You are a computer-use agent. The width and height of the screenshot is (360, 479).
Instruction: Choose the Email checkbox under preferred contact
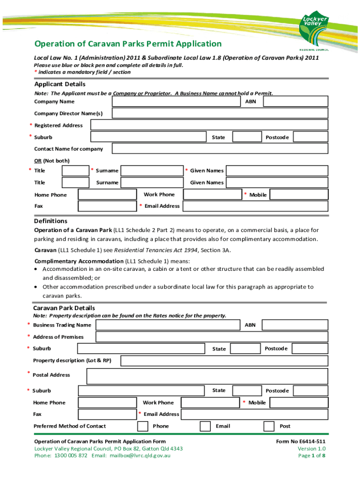pyautogui.click(x=205, y=426)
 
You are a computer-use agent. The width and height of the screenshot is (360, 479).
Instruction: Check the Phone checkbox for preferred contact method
pyautogui.click(x=143, y=426)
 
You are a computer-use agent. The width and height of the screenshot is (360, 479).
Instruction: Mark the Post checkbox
pyautogui.click(x=269, y=426)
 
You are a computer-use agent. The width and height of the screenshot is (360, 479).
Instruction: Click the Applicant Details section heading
pyautogui.click(x=60, y=84)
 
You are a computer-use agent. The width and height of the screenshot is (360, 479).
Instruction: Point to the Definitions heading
pyautogui.click(x=50, y=221)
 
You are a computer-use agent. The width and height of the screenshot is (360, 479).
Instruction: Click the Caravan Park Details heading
pyautogui.click(x=64, y=308)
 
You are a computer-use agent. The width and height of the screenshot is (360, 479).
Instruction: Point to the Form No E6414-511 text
pyautogui.click(x=301, y=442)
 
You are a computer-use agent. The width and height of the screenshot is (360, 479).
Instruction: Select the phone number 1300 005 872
pyautogui.click(x=71, y=455)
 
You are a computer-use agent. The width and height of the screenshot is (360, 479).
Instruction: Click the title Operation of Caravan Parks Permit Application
pyautogui.click(x=128, y=44)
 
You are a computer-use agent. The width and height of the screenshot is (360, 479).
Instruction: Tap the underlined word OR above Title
pyautogui.click(x=38, y=160)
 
